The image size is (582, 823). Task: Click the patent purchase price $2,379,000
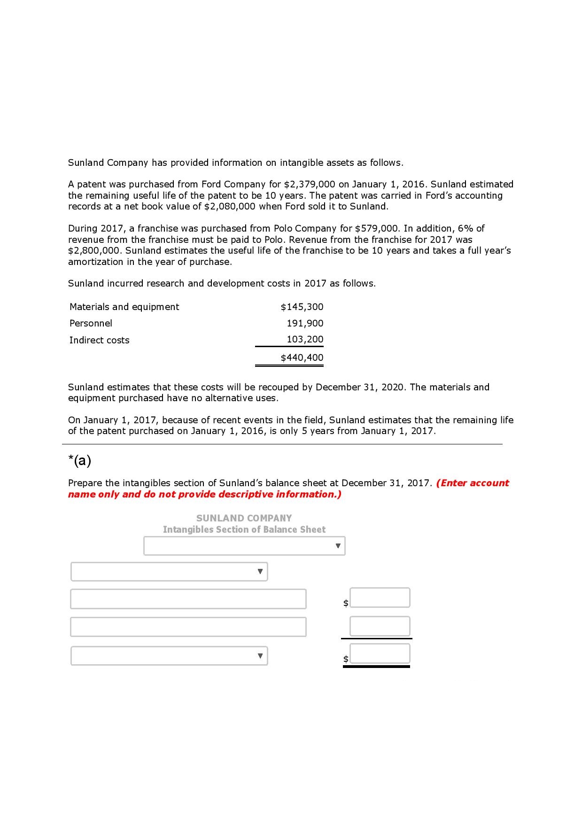point(310,184)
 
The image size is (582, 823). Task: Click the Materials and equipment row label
point(124,307)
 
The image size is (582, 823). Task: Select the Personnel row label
point(91,323)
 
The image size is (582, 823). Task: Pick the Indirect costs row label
point(99,340)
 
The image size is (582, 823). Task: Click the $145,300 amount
point(302,307)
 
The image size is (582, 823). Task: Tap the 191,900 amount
point(305,323)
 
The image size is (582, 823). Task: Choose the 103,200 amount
point(305,339)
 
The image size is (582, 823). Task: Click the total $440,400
point(302,357)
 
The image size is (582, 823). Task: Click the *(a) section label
point(79,461)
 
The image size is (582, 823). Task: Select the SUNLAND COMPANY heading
point(244,518)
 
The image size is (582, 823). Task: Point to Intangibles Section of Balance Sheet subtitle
point(244,529)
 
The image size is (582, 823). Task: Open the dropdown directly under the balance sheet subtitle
point(244,546)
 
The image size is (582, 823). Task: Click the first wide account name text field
point(188,599)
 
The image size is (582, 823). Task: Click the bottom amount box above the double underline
point(380,653)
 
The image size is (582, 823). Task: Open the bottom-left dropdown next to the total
point(169,656)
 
